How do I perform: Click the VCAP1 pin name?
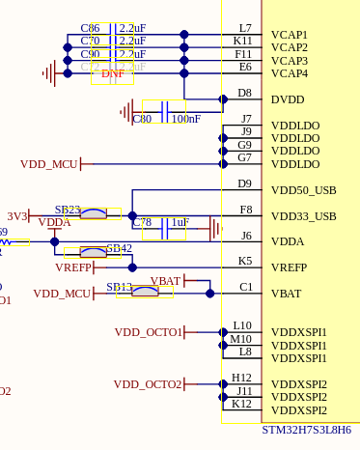coord(290,34)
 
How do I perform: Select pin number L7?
coord(244,28)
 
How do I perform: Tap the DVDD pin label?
coord(288,98)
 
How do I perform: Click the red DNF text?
coord(112,73)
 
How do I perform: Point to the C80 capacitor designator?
coord(142,119)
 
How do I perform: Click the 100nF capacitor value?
coord(186,119)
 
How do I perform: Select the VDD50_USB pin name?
coord(303,190)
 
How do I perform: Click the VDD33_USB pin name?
coord(303,216)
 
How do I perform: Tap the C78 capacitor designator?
coord(142,222)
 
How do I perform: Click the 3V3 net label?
coord(17,216)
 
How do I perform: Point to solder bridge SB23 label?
coord(68,210)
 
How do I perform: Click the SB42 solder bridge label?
coord(119,248)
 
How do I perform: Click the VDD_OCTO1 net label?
coord(148,332)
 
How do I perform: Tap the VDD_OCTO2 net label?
coord(148,384)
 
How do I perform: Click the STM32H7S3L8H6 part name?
coord(306,429)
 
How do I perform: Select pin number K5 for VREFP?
coord(244,261)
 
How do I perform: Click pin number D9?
coord(244,183)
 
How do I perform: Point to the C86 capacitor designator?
coord(90,28)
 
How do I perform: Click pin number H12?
coord(242,378)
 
